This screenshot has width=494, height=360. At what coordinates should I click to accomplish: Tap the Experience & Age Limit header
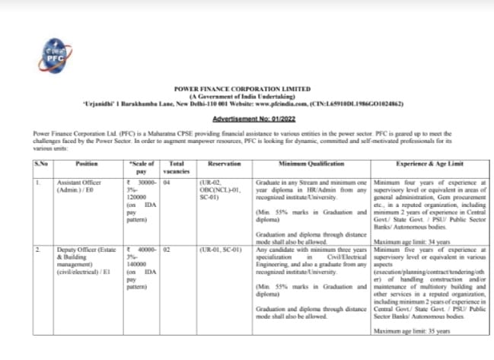tap(431, 164)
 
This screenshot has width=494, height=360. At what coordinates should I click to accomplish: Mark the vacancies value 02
tap(167, 249)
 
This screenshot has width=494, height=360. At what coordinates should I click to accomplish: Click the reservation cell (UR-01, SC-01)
tap(220, 249)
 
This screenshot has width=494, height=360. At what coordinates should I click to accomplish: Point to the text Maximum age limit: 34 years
tap(408, 242)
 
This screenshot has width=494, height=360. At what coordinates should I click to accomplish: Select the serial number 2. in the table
tap(37, 249)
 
